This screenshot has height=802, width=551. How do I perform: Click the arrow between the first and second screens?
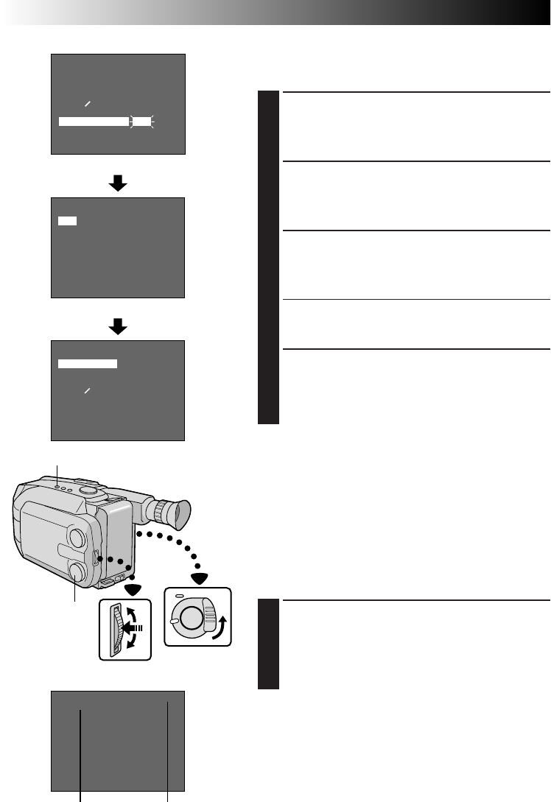[117, 184]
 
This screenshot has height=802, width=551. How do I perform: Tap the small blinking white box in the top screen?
[141, 121]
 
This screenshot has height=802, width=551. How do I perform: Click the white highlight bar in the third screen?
[88, 364]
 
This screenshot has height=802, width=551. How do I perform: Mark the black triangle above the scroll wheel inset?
[133, 589]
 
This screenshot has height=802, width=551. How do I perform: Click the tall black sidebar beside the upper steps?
[269, 258]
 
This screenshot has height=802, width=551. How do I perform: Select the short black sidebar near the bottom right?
[269, 644]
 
